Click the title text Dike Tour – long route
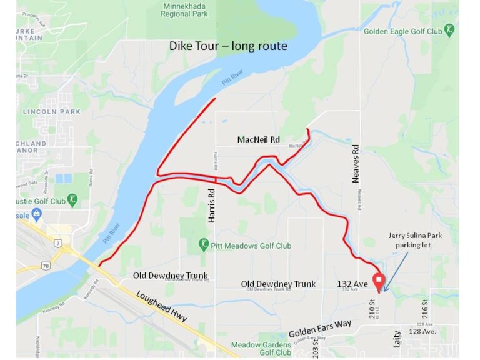[228, 46]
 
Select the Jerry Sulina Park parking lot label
[414, 240]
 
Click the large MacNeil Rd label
[258, 139]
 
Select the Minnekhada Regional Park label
[184, 9]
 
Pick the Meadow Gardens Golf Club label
[261, 348]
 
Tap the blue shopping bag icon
[37, 216]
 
